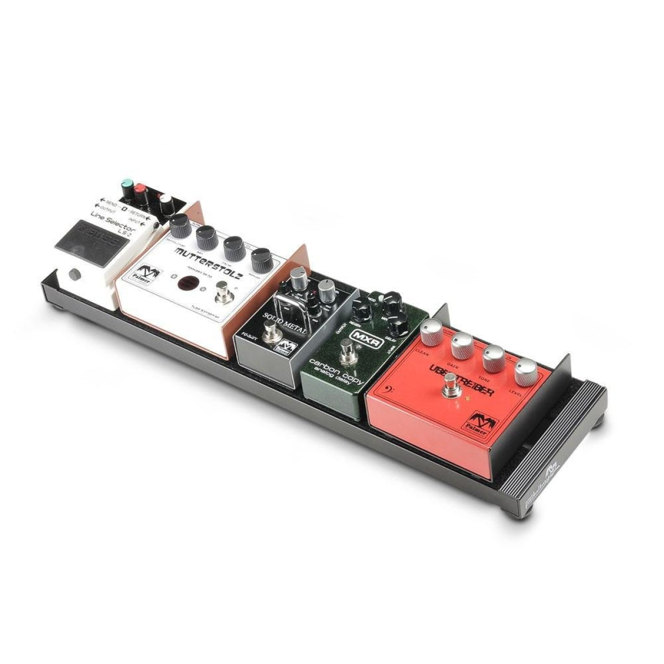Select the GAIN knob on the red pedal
[460, 346]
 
